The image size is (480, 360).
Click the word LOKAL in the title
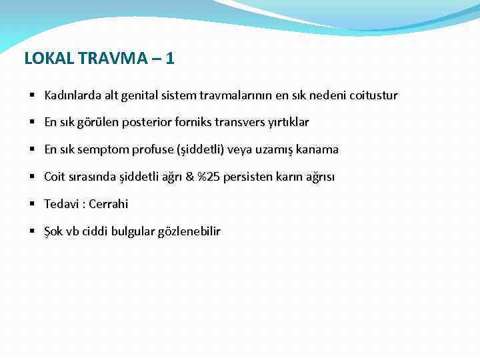pos(49,59)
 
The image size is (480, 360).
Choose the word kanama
pos(317,150)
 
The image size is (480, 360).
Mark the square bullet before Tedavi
pos(32,204)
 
